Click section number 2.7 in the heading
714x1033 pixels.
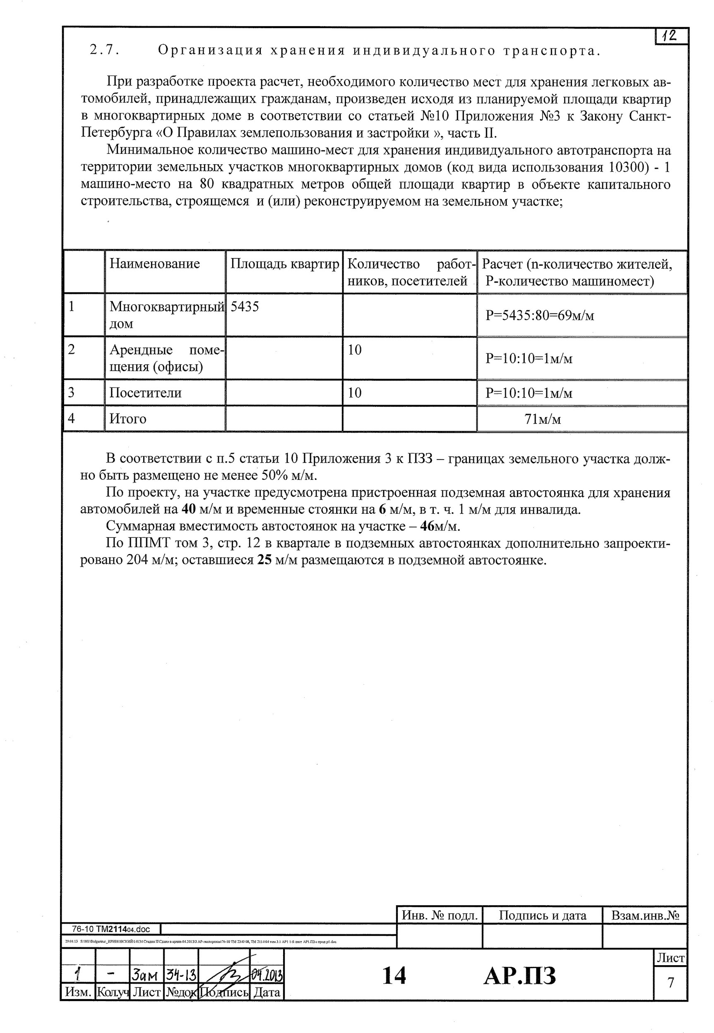coord(104,50)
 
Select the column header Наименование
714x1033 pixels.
coord(154,264)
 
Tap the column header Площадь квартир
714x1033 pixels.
coord(284,264)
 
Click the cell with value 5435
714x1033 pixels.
coord(244,307)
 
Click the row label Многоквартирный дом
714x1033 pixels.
coord(166,315)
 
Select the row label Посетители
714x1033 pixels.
coord(145,393)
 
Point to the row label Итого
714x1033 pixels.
coord(128,419)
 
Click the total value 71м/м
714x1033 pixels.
coord(542,419)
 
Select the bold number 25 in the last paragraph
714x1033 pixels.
coord(264,560)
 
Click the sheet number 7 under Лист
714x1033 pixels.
coord(671,983)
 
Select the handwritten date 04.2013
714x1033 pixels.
coord(267,974)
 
